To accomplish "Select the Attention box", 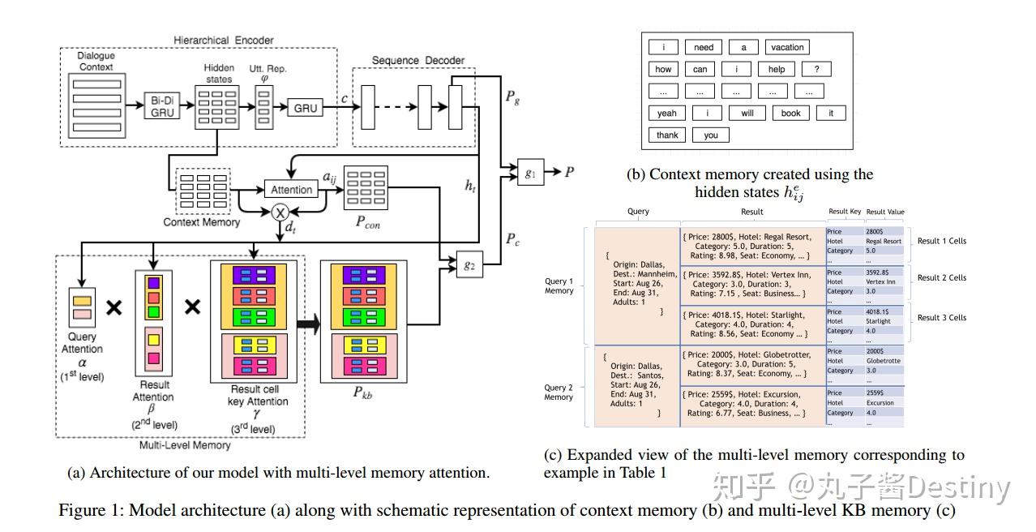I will coord(291,189).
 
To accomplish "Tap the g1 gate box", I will coord(530,172).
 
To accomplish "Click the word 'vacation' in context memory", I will coord(787,48).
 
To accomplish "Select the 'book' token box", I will coord(790,114).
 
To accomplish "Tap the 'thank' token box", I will coord(667,135).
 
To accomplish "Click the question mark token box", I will coord(816,70).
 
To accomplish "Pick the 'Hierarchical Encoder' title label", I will coord(224,40).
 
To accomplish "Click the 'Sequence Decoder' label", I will coord(417,61).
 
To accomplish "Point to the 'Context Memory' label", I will coord(201,221).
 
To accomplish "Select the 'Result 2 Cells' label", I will coord(941,278).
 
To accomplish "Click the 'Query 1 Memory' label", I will coord(559,285).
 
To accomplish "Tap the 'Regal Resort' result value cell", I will coord(883,241).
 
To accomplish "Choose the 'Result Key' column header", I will coord(844,212).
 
